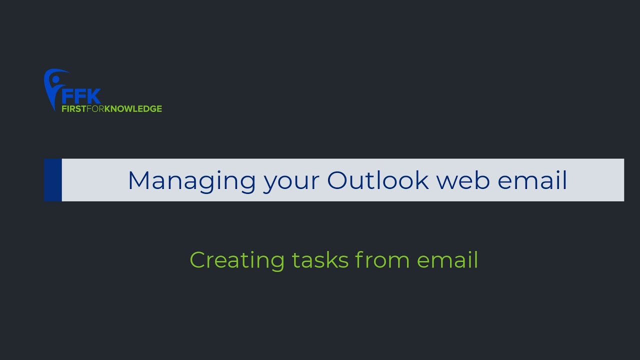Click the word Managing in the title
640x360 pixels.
click(x=192, y=180)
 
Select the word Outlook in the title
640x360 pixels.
click(x=378, y=180)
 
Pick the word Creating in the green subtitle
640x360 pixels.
click(x=236, y=260)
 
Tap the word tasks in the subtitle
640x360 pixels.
click(x=320, y=260)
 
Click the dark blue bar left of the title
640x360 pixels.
click(x=52, y=180)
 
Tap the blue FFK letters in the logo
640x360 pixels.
click(x=80, y=96)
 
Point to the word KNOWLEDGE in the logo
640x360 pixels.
click(x=133, y=108)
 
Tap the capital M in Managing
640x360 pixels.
click(x=139, y=180)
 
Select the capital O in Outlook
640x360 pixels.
click(x=337, y=180)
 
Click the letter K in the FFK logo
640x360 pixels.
click(x=93, y=96)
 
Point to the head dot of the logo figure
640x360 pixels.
click(x=55, y=79)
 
